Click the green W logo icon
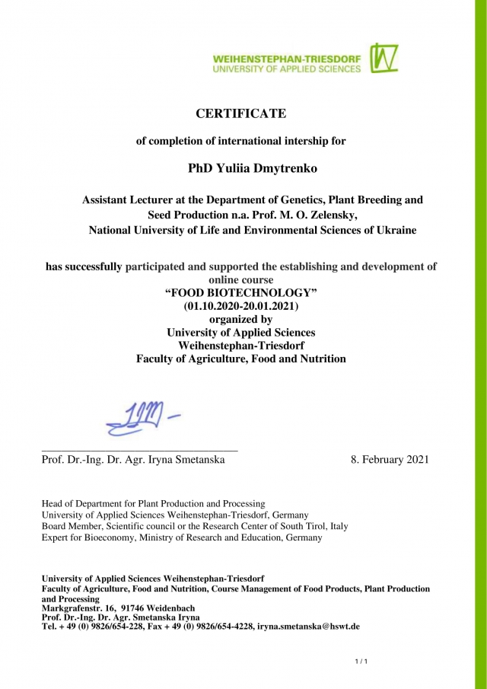pos(384,59)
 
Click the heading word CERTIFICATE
pos(241,113)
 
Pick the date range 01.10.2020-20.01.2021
pos(242,306)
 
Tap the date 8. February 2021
pos(390,460)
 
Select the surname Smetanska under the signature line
pos(199,460)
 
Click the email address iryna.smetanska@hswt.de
pos(308,627)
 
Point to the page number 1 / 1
pos(361,661)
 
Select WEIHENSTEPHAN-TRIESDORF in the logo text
pos(287,59)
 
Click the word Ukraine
pos(395,230)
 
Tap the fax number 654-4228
pos(231,627)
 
